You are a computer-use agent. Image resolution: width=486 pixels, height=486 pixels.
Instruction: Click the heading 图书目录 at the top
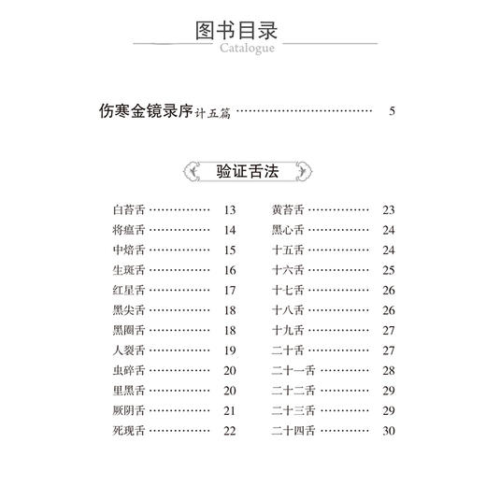tap(242, 27)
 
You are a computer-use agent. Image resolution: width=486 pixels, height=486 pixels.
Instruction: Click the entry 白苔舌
tap(128, 209)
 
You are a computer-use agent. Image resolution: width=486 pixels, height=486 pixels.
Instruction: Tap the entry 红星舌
tap(128, 290)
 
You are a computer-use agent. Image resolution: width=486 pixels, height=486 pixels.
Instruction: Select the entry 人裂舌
tap(128, 350)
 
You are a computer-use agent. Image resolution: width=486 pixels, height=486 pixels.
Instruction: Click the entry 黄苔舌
tap(288, 209)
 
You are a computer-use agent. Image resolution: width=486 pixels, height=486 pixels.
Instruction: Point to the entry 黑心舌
tap(288, 230)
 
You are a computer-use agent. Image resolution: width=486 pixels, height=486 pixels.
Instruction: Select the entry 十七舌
tap(288, 290)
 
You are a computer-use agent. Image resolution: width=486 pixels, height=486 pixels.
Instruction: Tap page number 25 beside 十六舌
tap(390, 270)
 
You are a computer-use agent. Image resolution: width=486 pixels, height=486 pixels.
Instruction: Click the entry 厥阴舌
tap(128, 411)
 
